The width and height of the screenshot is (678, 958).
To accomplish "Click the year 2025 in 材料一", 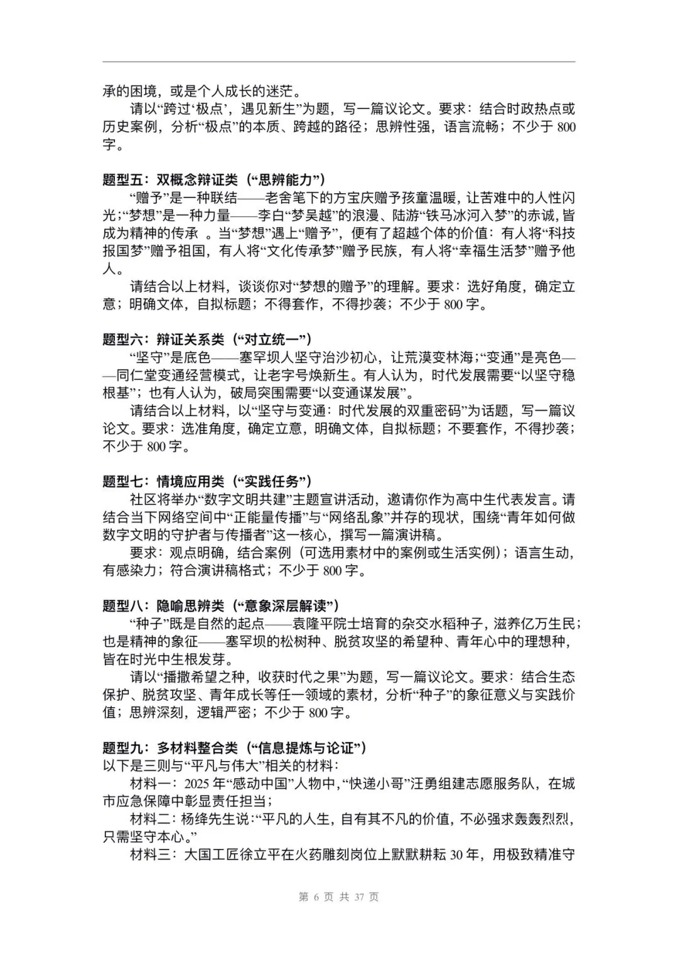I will [x=198, y=784].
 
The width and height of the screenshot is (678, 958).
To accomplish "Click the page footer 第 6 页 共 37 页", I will [x=339, y=897].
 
